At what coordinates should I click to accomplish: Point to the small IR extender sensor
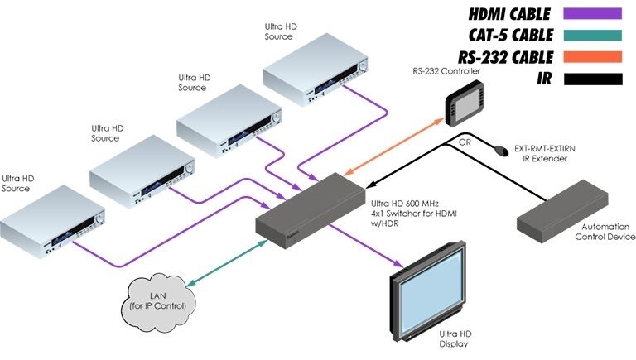(x=501, y=152)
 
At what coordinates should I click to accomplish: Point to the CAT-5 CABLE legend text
(x=506, y=36)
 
